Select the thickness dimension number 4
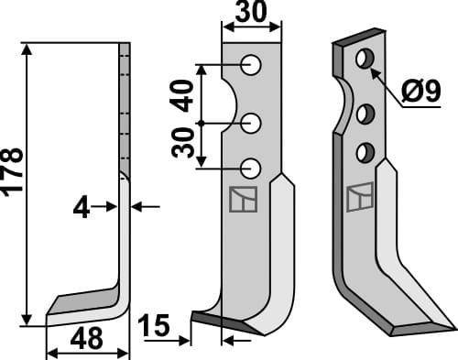coord(83,208)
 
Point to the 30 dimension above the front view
coord(251,15)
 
